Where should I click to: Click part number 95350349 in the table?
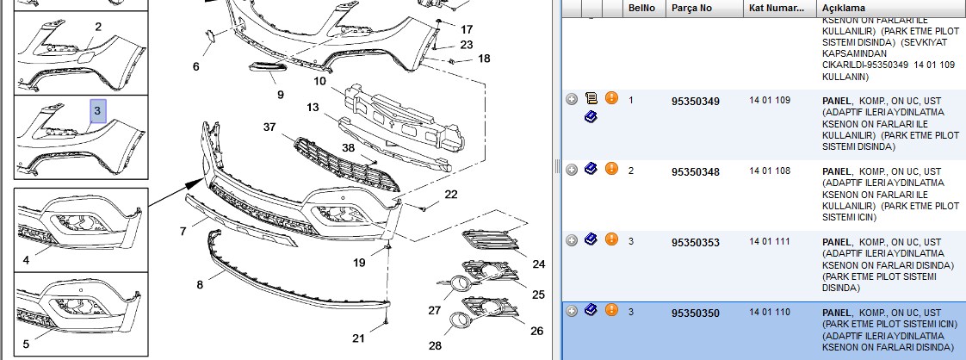pos(695,101)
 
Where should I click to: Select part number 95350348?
pos(695,172)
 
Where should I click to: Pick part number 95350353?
pos(695,243)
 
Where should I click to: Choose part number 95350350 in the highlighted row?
pos(695,313)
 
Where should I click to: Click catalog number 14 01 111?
pos(770,242)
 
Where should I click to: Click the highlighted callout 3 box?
pos(98,112)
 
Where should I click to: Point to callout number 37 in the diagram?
pos(269,127)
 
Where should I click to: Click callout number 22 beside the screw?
pos(451,195)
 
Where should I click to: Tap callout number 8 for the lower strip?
pos(200,285)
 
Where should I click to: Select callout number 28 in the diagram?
pos(435,346)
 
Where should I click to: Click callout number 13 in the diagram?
pos(313,108)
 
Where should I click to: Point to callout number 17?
pos(467,29)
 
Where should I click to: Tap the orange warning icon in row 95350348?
pos(611,168)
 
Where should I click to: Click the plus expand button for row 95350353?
pos(572,240)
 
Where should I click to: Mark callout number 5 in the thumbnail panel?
pos(26,344)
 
